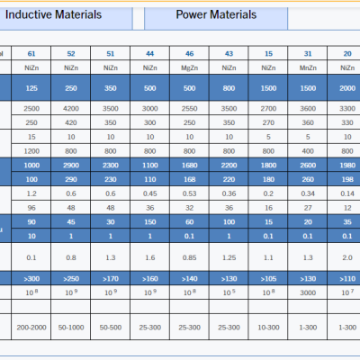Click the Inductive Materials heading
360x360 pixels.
coord(53,14)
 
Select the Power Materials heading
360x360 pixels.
coord(216,14)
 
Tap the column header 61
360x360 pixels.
coord(31,54)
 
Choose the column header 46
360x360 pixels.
coord(190,54)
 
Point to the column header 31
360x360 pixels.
coord(308,54)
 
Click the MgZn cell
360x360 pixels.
coord(190,68)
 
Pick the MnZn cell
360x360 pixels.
coord(308,68)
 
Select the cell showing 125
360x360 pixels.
coord(31,88)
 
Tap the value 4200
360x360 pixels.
coord(71,109)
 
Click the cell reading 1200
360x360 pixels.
coord(31,151)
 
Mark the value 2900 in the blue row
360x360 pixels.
coord(71,166)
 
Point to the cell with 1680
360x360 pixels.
coord(190,166)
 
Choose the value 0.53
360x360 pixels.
coord(190,193)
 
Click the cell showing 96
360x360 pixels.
coord(31,208)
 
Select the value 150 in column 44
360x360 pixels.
coord(150,222)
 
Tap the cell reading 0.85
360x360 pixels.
coord(190,257)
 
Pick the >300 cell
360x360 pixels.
coord(31,279)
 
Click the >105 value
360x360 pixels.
coord(268,279)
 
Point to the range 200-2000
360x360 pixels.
coord(31,328)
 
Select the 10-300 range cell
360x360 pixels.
coord(268,328)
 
